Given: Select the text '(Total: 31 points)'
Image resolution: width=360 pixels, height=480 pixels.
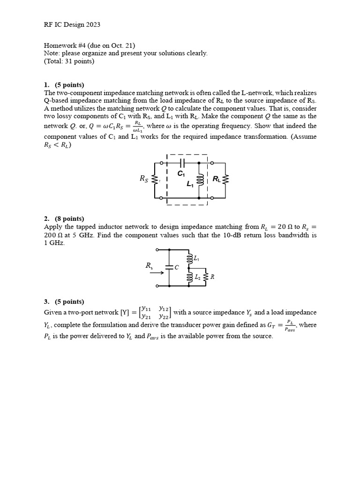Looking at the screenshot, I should (69, 61).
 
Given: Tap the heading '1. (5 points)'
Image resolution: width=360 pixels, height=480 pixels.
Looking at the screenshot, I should (64, 85).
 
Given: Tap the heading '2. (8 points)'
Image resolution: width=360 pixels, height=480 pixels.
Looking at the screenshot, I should (64, 218).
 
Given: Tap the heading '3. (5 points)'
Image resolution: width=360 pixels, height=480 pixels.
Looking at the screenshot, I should (64, 301).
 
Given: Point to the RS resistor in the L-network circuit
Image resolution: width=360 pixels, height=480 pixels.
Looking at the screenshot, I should (155, 179).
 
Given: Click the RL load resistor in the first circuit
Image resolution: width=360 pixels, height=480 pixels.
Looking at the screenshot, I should (226, 179).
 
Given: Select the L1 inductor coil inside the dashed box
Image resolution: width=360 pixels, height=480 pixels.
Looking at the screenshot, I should (200, 180).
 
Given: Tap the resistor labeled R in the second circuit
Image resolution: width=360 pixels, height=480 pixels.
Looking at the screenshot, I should (206, 277).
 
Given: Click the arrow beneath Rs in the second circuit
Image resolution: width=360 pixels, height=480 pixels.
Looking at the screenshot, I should (155, 271).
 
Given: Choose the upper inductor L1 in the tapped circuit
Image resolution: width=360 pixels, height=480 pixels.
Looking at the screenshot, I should (189, 258).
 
